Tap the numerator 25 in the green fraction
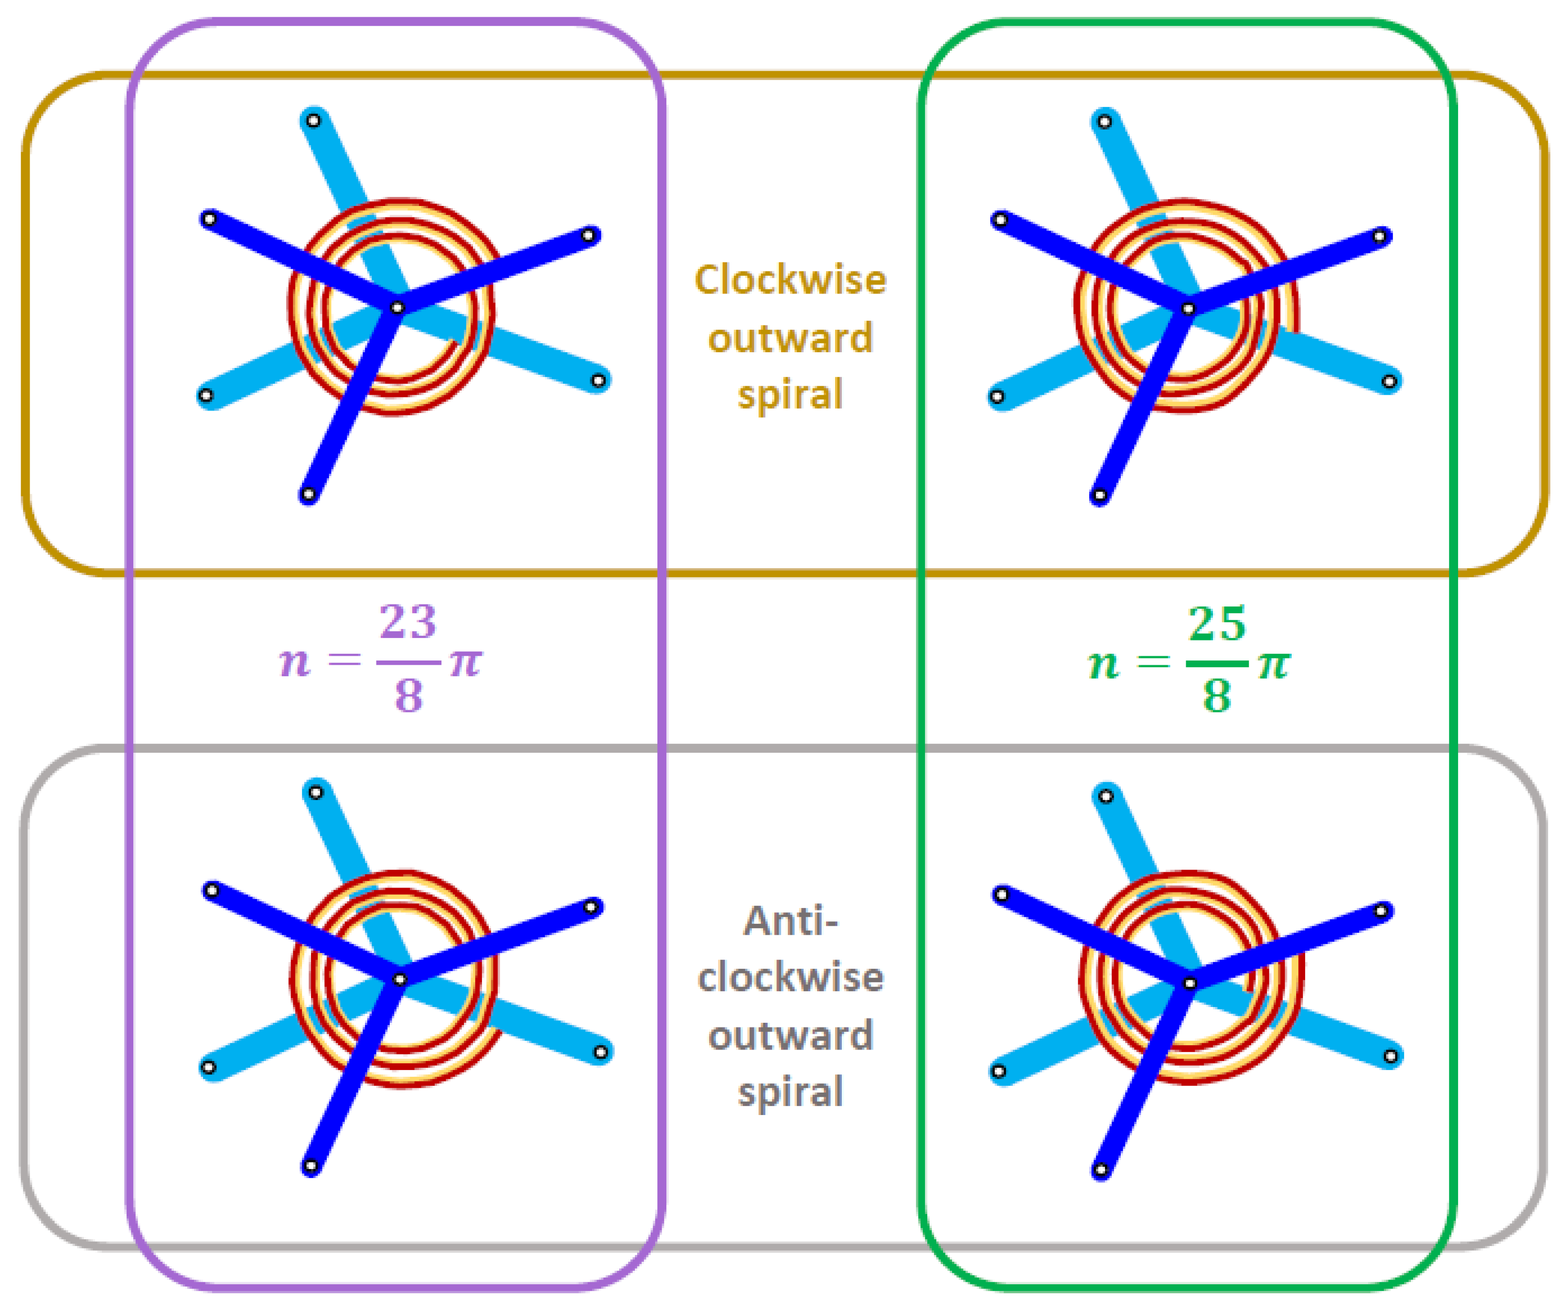[x=1216, y=624]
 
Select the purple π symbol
[x=465, y=662]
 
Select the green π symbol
[x=1274, y=663]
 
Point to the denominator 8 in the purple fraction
[x=408, y=695]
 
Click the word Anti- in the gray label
[x=791, y=921]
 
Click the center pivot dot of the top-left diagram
[x=397, y=307]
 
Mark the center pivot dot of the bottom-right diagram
[x=1190, y=983]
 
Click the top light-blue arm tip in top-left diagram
[x=314, y=120]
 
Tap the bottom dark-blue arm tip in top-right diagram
[x=1099, y=495]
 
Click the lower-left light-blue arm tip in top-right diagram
[x=997, y=397]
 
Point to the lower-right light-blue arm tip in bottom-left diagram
[x=601, y=1052]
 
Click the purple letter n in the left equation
[x=295, y=662]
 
